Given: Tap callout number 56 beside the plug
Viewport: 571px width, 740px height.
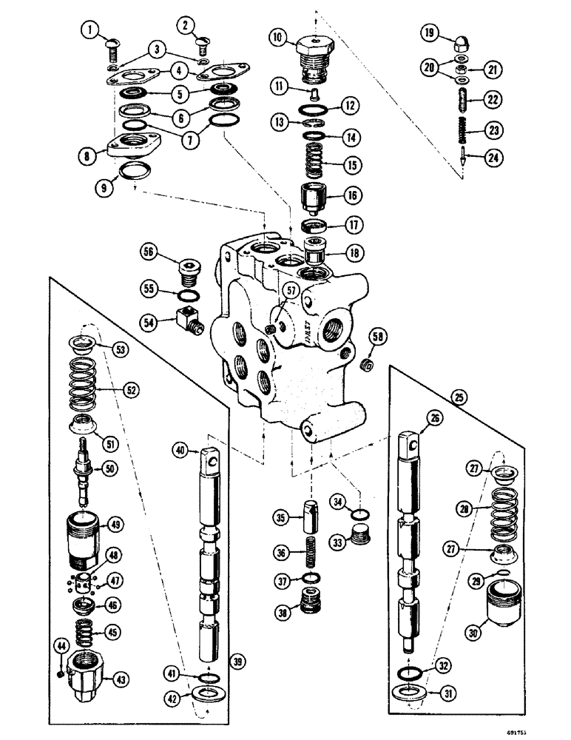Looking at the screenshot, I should click(x=151, y=252).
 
